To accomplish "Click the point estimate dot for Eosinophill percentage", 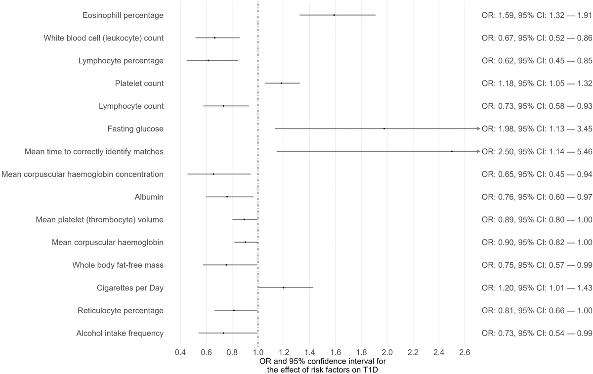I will coord(334,15).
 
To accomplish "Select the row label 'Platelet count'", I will coord(139,83).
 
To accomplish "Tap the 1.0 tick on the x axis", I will coord(258,353).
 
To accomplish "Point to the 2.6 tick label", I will coord(465,353).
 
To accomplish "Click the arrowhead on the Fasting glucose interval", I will coord(478,128).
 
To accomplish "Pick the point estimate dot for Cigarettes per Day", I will coord(284,288).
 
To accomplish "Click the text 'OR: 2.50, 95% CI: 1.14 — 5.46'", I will coord(537,151).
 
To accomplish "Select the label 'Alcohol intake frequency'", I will coord(120,333).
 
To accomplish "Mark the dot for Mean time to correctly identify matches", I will coord(452,151).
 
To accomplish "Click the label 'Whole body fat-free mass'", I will coord(118,265).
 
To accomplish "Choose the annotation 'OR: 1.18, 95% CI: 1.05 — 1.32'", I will coord(537,83).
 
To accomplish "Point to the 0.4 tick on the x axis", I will coord(180,353).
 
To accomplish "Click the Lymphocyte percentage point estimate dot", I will coord(208,60).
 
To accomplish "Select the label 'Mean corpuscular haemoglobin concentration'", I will coord(83,174).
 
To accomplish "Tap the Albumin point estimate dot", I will coord(227,197).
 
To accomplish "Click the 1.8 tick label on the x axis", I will coord(361,353).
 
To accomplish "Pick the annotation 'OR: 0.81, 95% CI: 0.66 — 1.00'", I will coord(537,310).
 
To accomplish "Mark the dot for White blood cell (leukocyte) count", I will coord(215,38).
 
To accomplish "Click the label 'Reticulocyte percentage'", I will coord(121,310).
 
